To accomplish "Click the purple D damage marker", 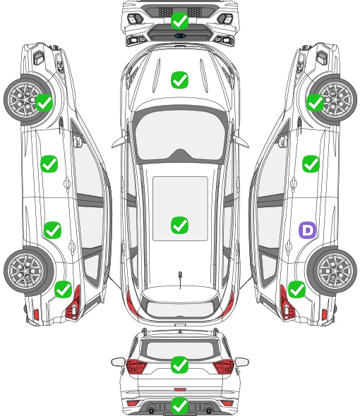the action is click(x=308, y=230).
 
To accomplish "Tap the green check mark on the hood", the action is click(x=179, y=80).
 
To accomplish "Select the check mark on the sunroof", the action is click(x=179, y=225).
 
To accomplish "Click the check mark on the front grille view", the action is click(x=179, y=20).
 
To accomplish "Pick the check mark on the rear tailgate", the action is click(x=179, y=365).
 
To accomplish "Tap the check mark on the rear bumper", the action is click(x=179, y=405).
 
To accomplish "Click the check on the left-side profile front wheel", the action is click(x=44, y=103).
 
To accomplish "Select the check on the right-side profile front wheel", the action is click(x=315, y=103).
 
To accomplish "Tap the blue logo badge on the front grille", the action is click(x=180, y=35).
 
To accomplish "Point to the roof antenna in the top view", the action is click(x=180, y=279).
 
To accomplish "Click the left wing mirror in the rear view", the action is click(x=118, y=362).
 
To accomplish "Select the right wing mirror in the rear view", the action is click(x=242, y=362).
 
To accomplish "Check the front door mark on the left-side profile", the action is click(x=49, y=164).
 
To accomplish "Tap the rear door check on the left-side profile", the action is click(x=53, y=230).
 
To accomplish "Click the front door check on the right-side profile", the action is click(x=311, y=164).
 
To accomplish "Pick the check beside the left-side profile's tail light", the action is click(x=64, y=290).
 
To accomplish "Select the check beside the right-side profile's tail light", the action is click(x=296, y=290).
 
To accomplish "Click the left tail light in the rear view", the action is click(x=136, y=367).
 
